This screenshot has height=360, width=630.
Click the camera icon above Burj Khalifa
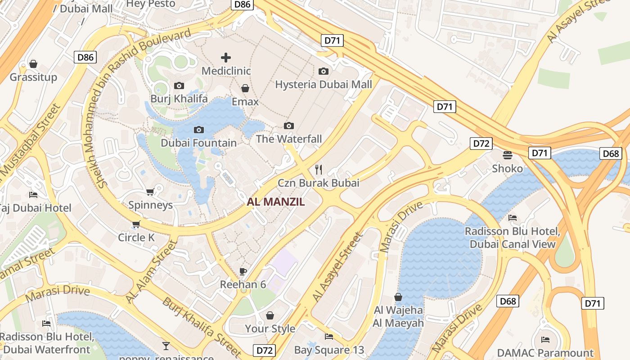pos(179,85)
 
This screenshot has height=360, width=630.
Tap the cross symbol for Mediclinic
pos(226,58)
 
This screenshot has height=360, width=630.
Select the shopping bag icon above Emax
pos(245,88)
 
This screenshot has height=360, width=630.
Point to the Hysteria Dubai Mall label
pos(323,85)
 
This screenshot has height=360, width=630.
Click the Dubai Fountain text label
pos(198,143)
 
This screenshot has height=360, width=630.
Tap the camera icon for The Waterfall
pos(289,126)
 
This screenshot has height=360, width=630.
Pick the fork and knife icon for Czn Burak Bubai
pos(319,169)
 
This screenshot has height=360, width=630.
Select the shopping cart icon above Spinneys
pos(150,192)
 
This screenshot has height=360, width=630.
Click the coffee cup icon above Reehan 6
pos(243,271)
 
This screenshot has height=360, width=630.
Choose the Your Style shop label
pos(270,328)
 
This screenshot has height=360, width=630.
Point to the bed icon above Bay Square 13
pos(329,336)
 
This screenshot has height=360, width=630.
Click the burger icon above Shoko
pos(508,155)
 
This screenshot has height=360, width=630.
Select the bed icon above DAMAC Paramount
pos(545,339)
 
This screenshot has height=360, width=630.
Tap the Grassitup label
pos(33,77)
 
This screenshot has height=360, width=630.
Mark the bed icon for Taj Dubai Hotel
pos(33,194)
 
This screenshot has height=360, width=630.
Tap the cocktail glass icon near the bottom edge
pos(166,346)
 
